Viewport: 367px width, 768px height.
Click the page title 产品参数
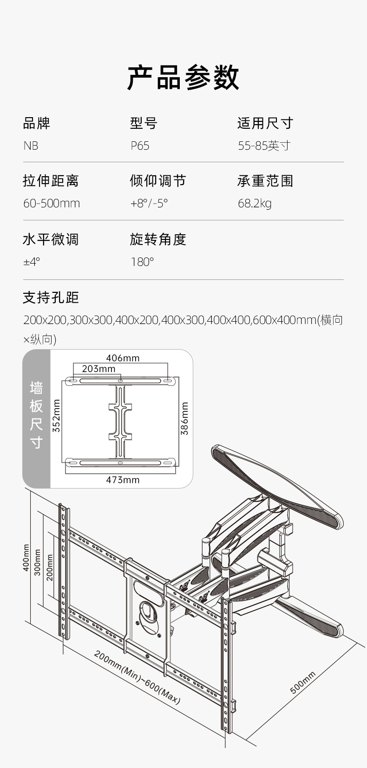[183, 78]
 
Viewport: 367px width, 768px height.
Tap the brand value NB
[31, 146]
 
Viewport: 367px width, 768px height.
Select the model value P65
[140, 146]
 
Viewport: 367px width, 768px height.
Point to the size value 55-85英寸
[264, 146]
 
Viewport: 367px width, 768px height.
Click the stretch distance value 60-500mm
[52, 204]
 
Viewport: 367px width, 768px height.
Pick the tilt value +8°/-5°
[149, 204]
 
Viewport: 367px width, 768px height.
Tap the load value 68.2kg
[255, 204]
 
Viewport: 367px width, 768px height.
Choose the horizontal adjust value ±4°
[32, 262]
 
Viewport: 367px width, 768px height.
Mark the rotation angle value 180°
[142, 262]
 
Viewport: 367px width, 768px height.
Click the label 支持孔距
[51, 298]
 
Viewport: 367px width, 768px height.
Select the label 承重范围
[265, 181]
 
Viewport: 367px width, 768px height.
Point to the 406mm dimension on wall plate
[123, 358]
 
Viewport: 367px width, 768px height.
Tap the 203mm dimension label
[98, 369]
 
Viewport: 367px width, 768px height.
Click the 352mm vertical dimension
[57, 416]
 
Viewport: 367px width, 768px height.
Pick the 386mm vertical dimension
[185, 418]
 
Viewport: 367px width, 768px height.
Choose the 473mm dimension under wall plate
[123, 480]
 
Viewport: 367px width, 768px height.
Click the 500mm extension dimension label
[302, 682]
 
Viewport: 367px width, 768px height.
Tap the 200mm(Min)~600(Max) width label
[137, 677]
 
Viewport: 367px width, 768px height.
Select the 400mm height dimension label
[26, 558]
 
